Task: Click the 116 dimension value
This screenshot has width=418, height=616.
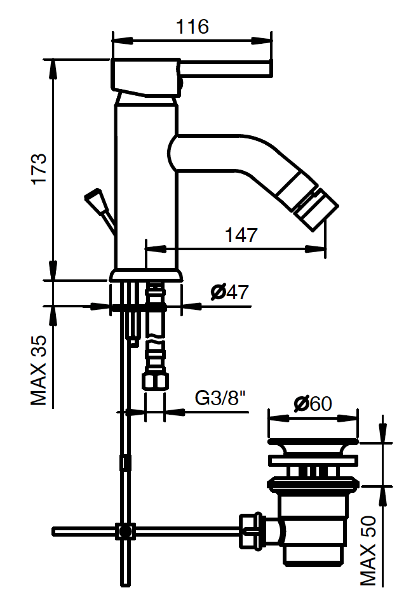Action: click(x=192, y=27)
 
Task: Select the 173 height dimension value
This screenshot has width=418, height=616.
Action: click(x=39, y=168)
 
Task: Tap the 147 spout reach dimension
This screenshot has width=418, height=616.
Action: click(x=241, y=235)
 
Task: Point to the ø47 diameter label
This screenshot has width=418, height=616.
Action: click(x=229, y=292)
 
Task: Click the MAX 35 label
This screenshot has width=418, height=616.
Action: click(x=39, y=370)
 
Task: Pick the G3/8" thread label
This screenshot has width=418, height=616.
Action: click(x=220, y=399)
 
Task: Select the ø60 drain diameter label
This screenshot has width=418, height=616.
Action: click(x=313, y=403)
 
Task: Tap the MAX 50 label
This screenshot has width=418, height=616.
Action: click(x=368, y=551)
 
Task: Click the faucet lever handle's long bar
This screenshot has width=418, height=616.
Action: click(x=226, y=67)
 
